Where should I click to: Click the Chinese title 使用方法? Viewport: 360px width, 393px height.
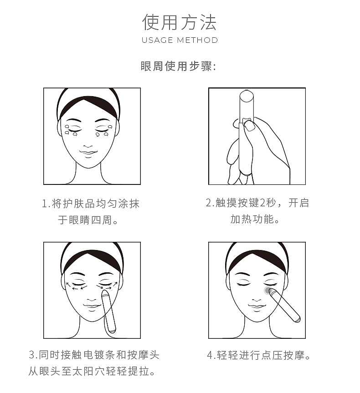(179, 22)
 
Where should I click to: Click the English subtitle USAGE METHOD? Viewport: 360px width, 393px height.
(180, 40)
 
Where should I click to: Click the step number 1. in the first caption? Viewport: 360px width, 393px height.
(46, 204)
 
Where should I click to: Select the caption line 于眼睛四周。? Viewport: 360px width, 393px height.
(88, 220)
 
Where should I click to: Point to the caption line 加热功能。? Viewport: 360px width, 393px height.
(254, 219)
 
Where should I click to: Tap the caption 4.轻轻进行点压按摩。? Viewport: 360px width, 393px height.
(259, 355)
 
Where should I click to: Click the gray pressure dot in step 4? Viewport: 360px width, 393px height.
(267, 290)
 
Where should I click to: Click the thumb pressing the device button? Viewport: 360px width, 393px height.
(249, 126)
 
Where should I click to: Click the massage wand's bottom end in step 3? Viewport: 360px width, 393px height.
(111, 328)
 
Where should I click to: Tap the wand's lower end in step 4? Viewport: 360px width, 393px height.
(297, 319)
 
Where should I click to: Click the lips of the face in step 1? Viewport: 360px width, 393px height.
(88, 151)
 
